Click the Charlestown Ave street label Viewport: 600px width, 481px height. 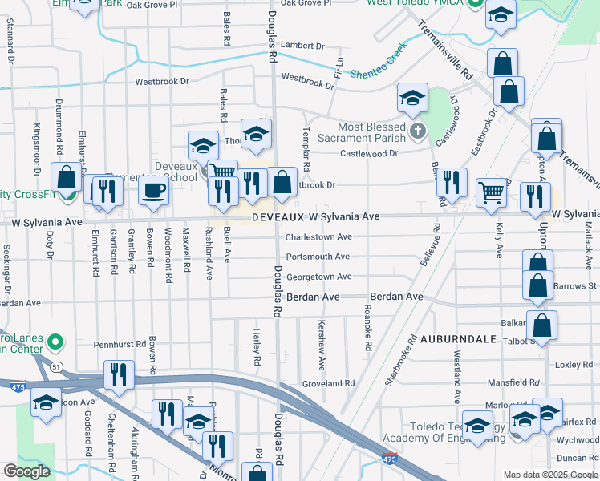[319, 237]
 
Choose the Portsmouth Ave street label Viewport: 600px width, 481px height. [318, 257]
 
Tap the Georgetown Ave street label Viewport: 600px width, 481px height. [319, 277]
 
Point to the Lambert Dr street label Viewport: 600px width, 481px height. [302, 46]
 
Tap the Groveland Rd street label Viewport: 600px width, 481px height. [328, 384]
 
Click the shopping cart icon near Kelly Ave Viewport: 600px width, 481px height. [492, 192]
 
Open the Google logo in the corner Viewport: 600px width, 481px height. [26, 471]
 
